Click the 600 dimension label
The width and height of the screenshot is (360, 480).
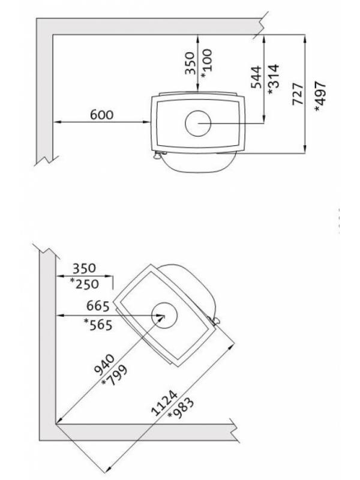pyautogui.click(x=101, y=115)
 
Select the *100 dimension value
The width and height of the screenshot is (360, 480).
pyautogui.click(x=206, y=64)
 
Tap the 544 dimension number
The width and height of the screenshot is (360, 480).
pyautogui.click(x=256, y=77)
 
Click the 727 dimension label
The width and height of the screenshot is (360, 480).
pyautogui.click(x=298, y=94)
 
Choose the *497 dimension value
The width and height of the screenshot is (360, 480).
pyautogui.click(x=320, y=97)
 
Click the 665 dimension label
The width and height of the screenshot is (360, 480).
pyautogui.click(x=98, y=306)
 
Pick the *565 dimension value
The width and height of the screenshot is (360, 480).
pyautogui.click(x=98, y=325)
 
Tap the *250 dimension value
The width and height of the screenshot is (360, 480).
pyautogui.click(x=84, y=284)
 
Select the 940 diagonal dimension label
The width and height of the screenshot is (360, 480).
pyautogui.click(x=105, y=365)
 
